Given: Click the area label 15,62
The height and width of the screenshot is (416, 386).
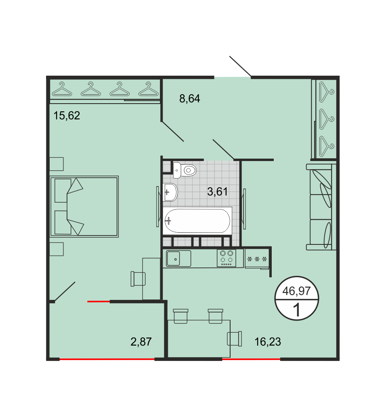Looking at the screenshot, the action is (67, 116).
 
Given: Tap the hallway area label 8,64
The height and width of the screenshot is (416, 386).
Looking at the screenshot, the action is (189, 99).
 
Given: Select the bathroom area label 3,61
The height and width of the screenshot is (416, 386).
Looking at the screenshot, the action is (217, 191).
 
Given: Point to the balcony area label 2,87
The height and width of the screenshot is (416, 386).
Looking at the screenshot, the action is (141, 342).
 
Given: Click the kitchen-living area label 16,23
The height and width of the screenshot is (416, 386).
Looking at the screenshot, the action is (268, 342).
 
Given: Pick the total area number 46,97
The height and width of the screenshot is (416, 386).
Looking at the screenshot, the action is (296, 291).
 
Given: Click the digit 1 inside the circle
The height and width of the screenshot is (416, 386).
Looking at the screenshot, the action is (297, 310).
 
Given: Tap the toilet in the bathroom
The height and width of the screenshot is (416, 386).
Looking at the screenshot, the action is (185, 170).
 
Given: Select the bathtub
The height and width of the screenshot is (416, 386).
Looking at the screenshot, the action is (197, 221).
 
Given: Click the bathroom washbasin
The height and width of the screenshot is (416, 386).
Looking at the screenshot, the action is (170, 192).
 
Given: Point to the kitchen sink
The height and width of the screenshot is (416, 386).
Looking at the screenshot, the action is (178, 259).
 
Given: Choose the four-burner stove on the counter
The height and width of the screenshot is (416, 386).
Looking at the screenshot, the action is (227, 258).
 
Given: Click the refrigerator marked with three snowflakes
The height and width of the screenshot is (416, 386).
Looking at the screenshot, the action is (257, 259).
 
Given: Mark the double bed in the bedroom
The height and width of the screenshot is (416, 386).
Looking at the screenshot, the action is (84, 206).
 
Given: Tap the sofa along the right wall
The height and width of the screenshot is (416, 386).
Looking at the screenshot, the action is (321, 207).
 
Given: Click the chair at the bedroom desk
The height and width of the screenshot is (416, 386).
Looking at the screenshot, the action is (138, 279).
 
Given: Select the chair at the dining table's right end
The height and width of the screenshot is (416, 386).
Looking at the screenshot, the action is (235, 339).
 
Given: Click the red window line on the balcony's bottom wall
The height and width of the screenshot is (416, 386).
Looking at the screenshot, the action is (107, 359).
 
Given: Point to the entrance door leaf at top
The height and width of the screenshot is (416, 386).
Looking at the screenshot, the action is (240, 66).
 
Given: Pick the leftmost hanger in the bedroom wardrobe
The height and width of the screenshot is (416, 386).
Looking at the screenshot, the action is (62, 89).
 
